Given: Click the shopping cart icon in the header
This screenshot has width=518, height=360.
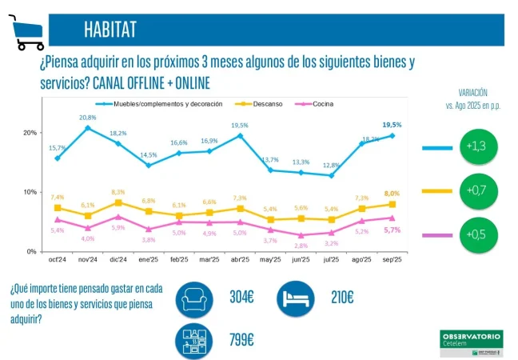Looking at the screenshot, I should [x=26, y=32].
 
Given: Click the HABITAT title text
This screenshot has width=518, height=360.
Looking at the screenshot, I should [x=110, y=30].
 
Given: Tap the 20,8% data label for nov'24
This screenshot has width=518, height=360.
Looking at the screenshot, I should [x=88, y=118].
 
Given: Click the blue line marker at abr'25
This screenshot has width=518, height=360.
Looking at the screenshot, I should [x=240, y=135].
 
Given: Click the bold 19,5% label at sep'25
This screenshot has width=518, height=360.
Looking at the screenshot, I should [x=392, y=125].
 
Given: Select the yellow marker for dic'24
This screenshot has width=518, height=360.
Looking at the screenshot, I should [x=118, y=202].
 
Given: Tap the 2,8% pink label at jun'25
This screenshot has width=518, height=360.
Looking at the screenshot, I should [x=301, y=246].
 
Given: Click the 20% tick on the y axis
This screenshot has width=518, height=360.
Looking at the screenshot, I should [x=29, y=133].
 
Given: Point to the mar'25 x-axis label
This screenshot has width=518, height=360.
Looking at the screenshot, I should [x=209, y=260].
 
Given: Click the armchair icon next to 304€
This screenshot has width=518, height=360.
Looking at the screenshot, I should [x=195, y=298].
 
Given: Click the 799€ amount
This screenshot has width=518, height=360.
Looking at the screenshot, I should [x=241, y=340].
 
